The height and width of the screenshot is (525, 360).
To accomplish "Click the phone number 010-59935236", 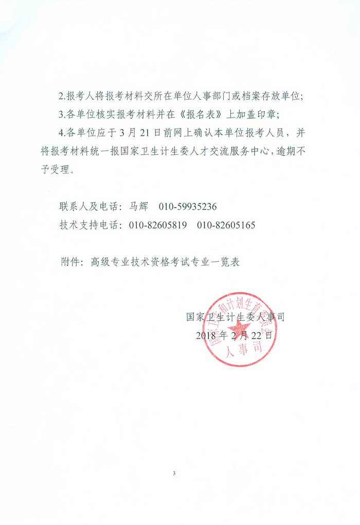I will click(x=188, y=207).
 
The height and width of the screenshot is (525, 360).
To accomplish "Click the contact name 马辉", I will click(x=136, y=207).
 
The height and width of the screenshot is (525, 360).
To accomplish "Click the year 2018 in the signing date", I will click(x=206, y=335).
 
